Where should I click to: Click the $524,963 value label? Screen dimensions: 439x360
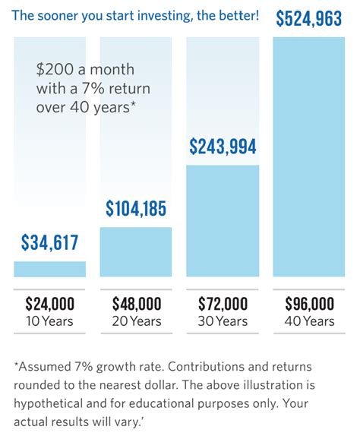coord(309,19)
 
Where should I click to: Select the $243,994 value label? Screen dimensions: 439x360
coord(223,147)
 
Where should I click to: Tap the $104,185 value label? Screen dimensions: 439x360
coord(136,207)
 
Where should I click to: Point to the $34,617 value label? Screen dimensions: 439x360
coord(50,243)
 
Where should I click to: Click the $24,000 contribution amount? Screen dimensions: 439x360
coord(50,305)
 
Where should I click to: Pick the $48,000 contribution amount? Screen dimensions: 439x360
coord(136,305)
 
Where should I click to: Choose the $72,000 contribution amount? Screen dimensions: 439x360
coord(223,305)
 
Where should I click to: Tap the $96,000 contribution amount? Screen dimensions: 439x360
coord(309,305)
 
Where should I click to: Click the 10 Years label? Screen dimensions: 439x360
coord(50,321)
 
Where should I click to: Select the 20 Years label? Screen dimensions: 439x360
coord(136,321)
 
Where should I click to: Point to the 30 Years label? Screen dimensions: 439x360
coord(223,321)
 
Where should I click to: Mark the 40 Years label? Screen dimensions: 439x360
coord(309,321)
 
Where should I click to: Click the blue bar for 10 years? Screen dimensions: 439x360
coord(50,269)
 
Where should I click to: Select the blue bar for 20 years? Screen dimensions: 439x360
coord(136,252)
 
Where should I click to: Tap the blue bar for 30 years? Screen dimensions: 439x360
coord(223,220)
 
